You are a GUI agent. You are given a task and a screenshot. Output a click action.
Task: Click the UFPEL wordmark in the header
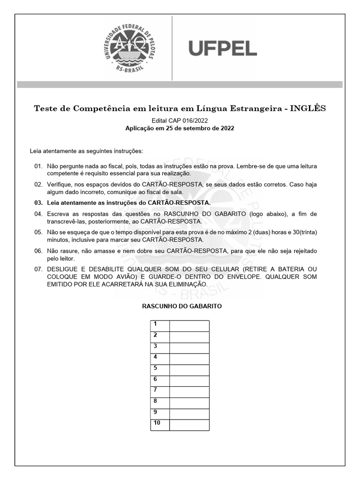pos(223,48)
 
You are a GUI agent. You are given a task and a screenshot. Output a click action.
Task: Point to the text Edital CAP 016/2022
pos(180,120)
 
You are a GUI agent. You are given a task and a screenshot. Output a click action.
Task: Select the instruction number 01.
pos(38,166)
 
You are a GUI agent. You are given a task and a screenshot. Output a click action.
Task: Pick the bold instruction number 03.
pos(38,203)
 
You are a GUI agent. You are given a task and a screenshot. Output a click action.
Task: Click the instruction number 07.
pos(38,270)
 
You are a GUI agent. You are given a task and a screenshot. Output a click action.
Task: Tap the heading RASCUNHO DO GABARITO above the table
pos(182,306)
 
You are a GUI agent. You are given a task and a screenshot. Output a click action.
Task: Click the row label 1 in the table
pos(155,324)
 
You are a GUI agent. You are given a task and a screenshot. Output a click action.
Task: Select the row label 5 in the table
pos(155,368)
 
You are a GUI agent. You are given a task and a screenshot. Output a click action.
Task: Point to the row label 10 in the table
pos(157,423)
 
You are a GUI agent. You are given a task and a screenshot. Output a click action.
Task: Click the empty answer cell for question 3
pos(189,348)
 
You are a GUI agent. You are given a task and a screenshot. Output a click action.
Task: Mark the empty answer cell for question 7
pos(189,392)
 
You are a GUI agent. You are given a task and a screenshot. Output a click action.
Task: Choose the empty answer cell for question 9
pos(189,414)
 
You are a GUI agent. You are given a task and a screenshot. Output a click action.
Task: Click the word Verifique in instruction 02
pos(60,185)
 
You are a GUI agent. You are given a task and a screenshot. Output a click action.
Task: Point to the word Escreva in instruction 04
pos(58,214)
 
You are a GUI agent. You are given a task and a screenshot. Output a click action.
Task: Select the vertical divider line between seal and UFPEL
pos(172,48)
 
